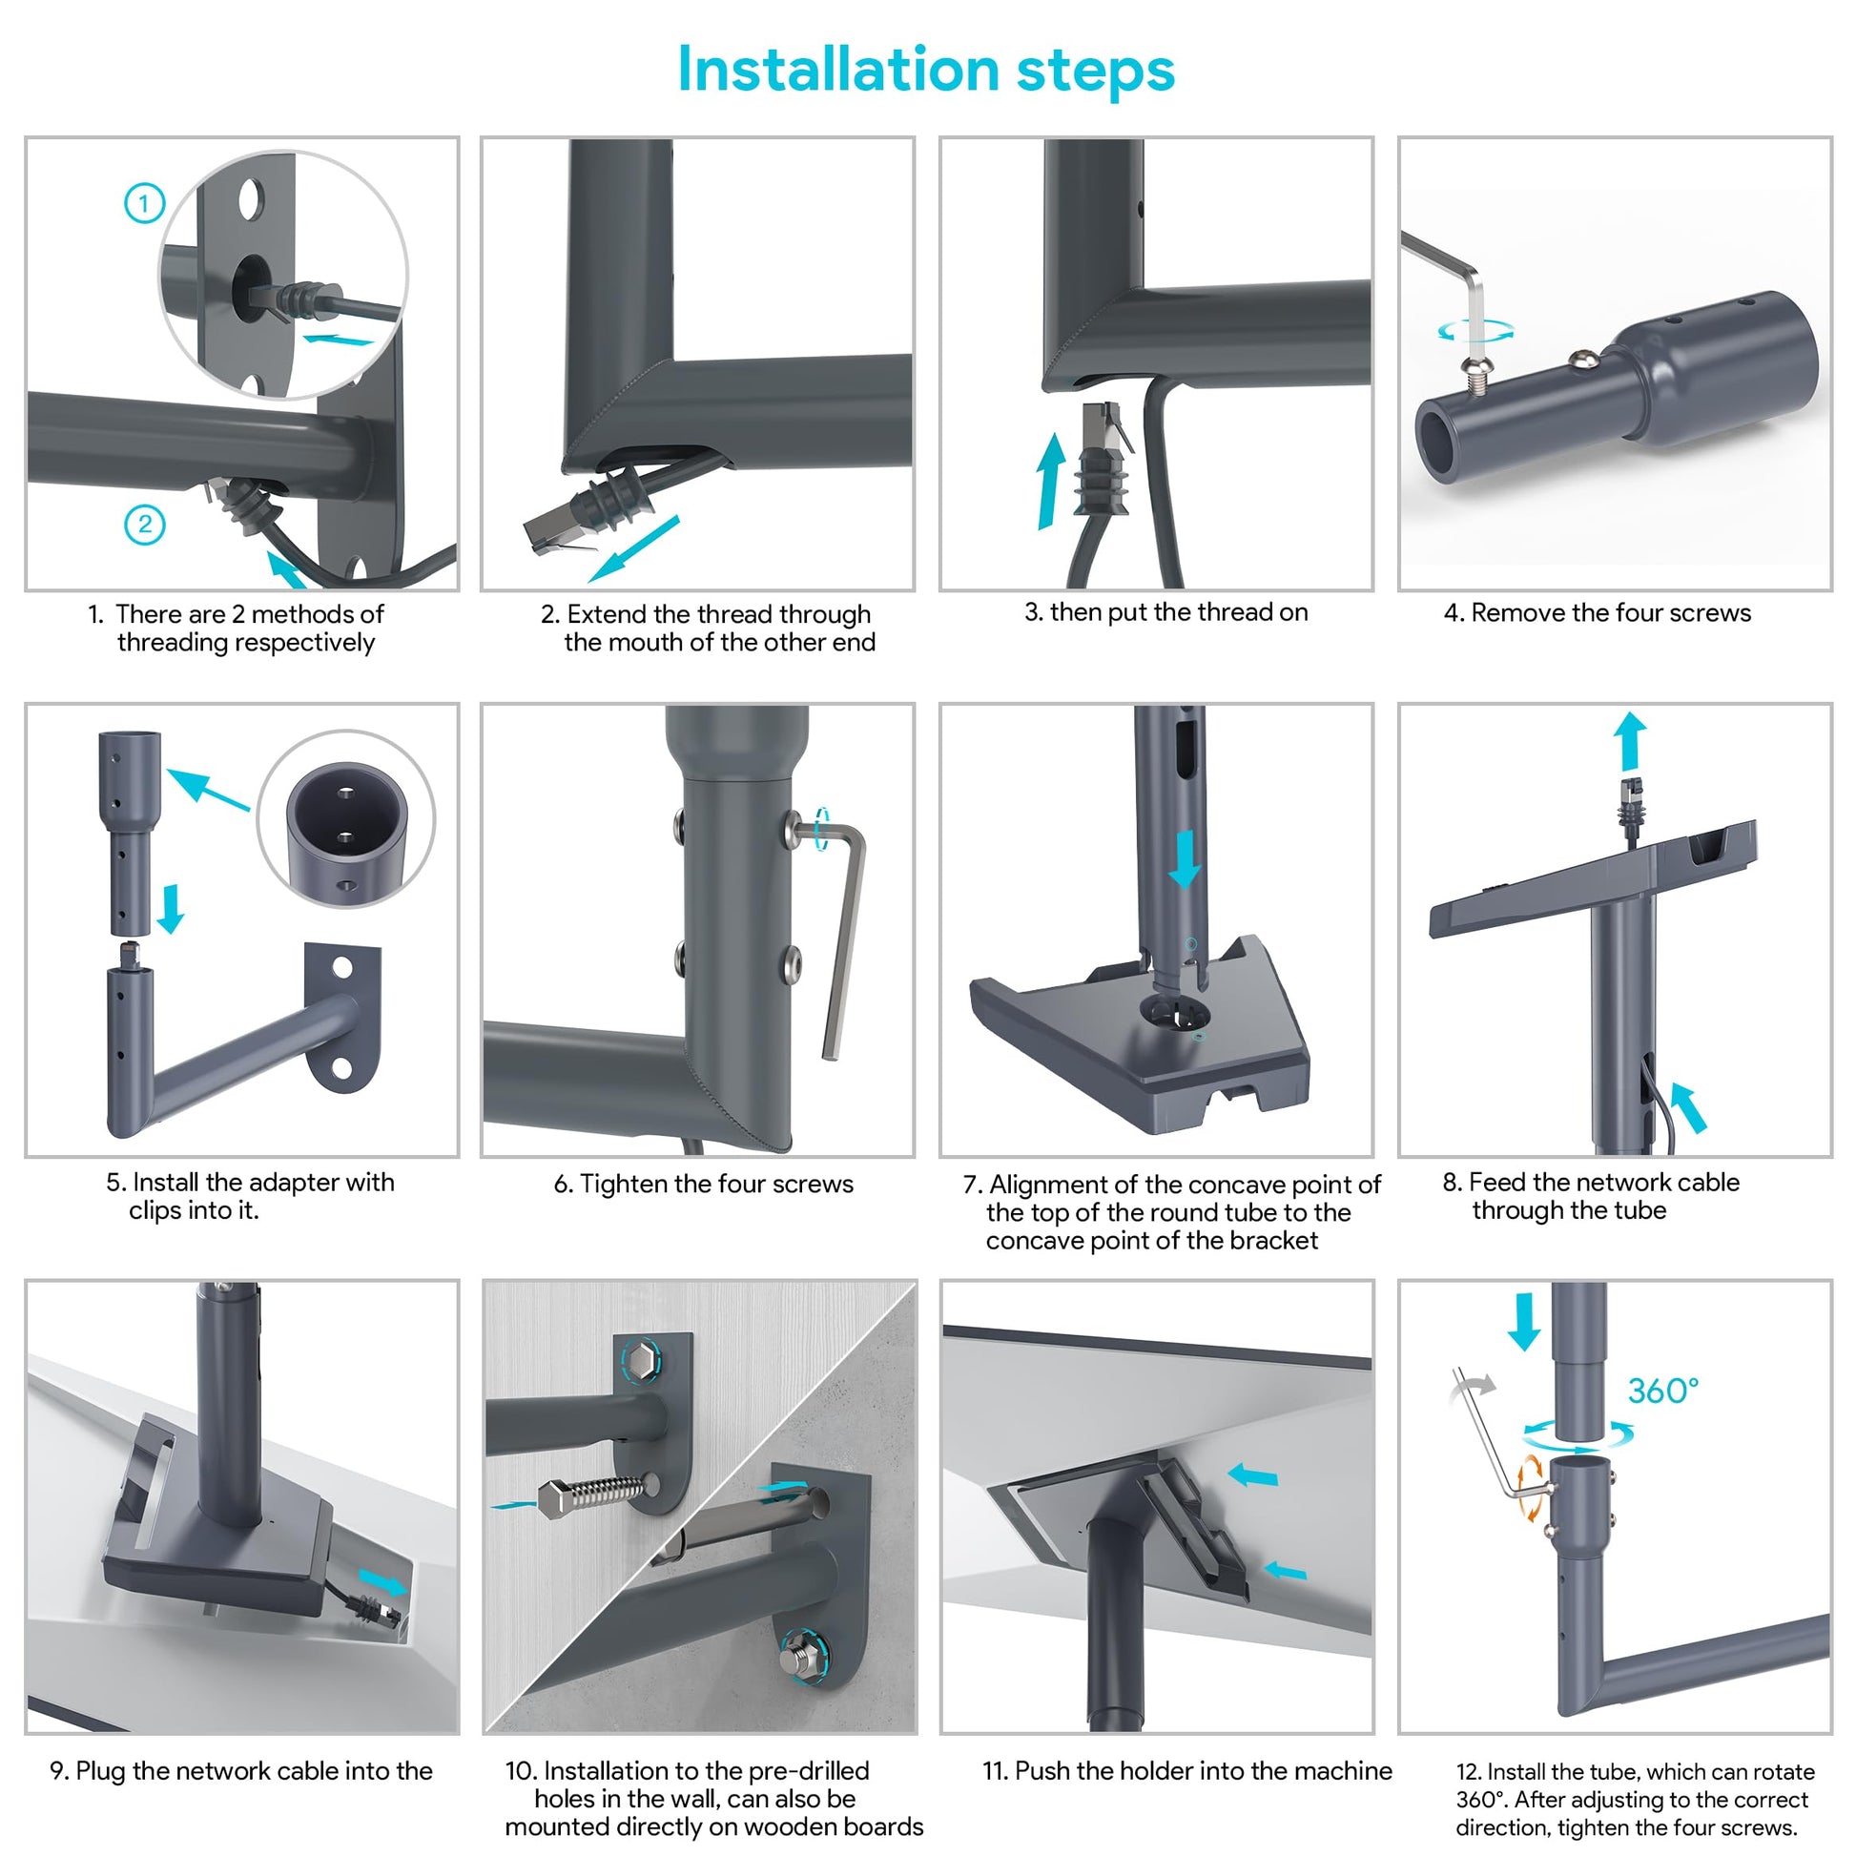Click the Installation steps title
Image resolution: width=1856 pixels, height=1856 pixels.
click(x=926, y=70)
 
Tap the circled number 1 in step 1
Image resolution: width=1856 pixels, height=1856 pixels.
click(x=145, y=204)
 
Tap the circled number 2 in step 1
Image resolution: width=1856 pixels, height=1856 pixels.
click(x=145, y=525)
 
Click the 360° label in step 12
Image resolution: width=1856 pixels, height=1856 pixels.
click(x=1663, y=1390)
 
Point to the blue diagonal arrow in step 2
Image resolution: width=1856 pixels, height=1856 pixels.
click(x=634, y=548)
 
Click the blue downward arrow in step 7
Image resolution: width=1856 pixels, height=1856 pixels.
click(x=1185, y=857)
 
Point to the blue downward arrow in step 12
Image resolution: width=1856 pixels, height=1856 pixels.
click(x=1524, y=1322)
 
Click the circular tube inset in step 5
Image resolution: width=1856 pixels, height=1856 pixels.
click(x=346, y=818)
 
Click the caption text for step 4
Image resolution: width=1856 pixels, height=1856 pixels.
click(x=1597, y=613)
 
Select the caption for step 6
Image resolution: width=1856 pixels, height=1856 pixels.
click(x=703, y=1184)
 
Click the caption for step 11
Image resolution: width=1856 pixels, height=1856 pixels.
click(x=1186, y=1770)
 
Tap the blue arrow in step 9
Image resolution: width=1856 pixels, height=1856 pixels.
click(x=382, y=1581)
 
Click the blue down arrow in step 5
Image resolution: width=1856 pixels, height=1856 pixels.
click(x=171, y=909)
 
